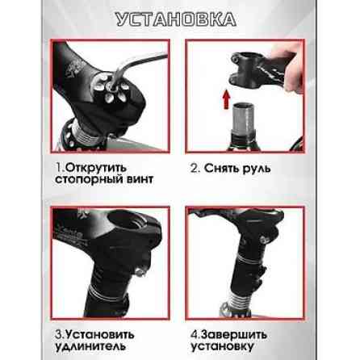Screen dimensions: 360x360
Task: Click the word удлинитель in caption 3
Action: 91,345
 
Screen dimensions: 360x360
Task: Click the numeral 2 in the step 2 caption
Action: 195,168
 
